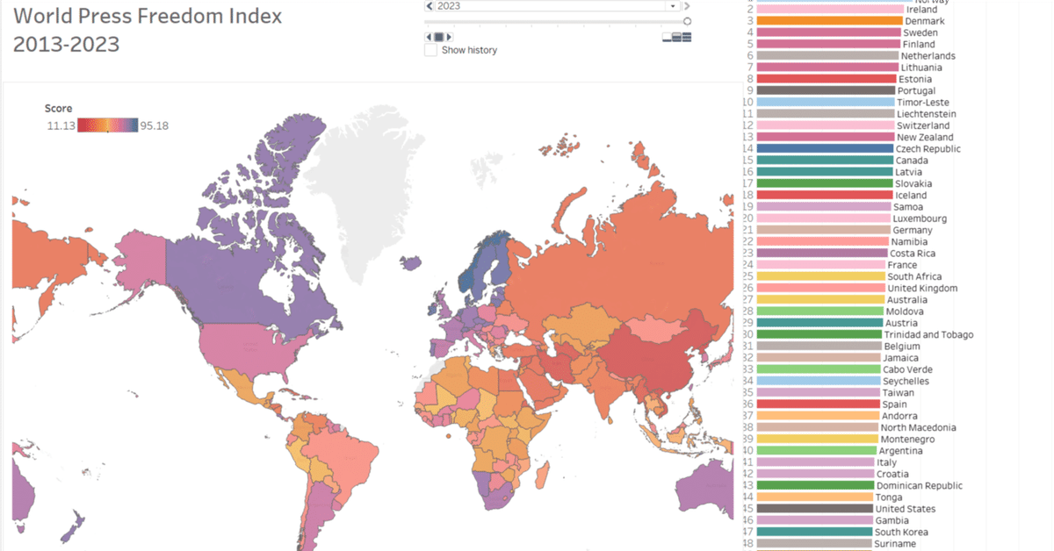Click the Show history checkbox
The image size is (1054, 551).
click(x=430, y=50)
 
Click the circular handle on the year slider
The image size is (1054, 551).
click(x=687, y=21)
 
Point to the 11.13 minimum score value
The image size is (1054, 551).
click(x=60, y=125)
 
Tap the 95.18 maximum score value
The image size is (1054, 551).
click(x=154, y=125)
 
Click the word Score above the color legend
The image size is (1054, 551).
click(x=58, y=108)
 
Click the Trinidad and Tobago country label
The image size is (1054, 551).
click(x=928, y=335)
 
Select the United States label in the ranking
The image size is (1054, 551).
click(x=905, y=509)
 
